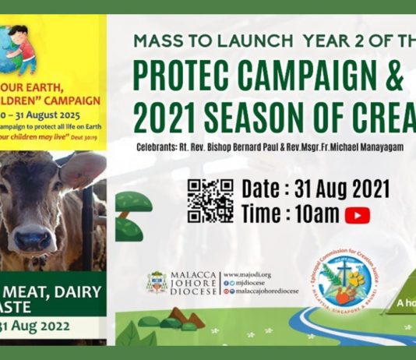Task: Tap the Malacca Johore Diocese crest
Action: pos(157,281)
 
